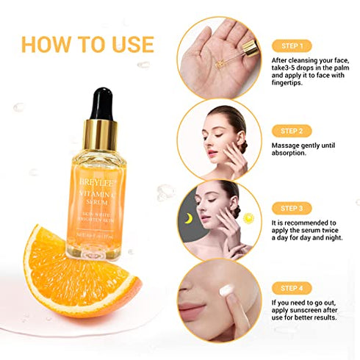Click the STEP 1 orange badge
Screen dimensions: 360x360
tap(292, 46)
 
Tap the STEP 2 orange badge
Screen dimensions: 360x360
tap(292, 131)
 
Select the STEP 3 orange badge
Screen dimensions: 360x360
tap(292, 208)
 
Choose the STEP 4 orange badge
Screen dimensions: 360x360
tap(292, 289)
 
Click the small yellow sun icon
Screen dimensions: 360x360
tap(248, 218)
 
